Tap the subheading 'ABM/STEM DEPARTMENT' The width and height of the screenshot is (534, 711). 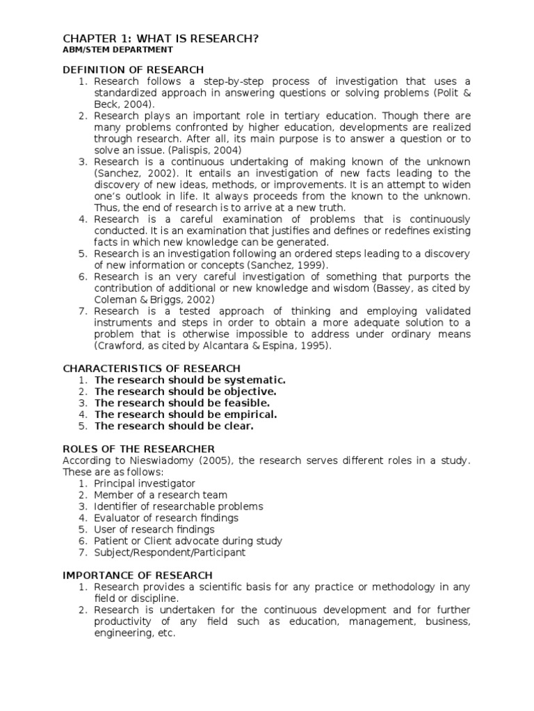[x=118, y=50]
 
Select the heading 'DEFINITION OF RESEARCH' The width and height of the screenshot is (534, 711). [x=133, y=69]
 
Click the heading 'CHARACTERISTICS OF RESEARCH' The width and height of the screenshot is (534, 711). [x=152, y=368]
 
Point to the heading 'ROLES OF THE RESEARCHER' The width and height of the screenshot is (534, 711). [x=139, y=449]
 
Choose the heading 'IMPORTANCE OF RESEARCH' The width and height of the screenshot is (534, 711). [x=138, y=576]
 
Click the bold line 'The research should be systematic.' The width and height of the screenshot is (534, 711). [x=190, y=380]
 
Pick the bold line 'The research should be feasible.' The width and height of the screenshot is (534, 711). [x=182, y=403]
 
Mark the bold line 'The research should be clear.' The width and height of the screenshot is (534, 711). [x=174, y=426]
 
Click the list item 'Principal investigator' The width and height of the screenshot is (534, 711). [x=145, y=483]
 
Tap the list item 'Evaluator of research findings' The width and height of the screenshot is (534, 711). [x=166, y=518]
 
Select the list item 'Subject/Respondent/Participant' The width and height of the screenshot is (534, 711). [x=170, y=553]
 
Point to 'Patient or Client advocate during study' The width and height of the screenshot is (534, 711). [x=188, y=541]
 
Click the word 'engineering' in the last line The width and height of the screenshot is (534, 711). [x=119, y=633]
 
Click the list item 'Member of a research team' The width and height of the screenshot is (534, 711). [x=161, y=495]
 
